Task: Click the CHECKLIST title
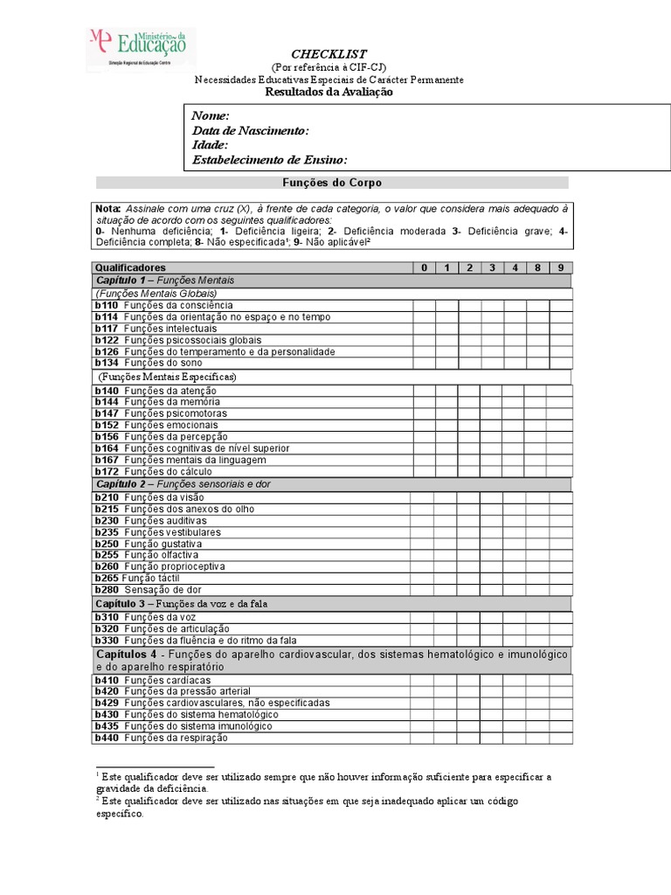pyautogui.click(x=329, y=54)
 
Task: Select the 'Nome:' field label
pyautogui.click(x=211, y=115)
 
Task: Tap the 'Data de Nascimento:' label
pyautogui.click(x=251, y=130)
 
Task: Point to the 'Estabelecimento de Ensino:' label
pyautogui.click(x=270, y=160)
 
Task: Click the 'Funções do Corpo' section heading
pyautogui.click(x=331, y=183)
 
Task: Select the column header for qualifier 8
pyautogui.click(x=538, y=267)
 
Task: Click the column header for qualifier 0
pyautogui.click(x=423, y=267)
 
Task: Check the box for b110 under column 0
pyautogui.click(x=423, y=306)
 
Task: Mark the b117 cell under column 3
pyautogui.click(x=492, y=329)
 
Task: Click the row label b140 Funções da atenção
pyautogui.click(x=156, y=391)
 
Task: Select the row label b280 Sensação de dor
pyautogui.click(x=149, y=590)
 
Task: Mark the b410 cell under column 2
pyautogui.click(x=468, y=680)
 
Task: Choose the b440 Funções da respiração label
pyautogui.click(x=161, y=738)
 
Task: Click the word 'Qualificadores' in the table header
pyautogui.click(x=130, y=267)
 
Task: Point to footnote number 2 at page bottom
pyautogui.click(x=97, y=798)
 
